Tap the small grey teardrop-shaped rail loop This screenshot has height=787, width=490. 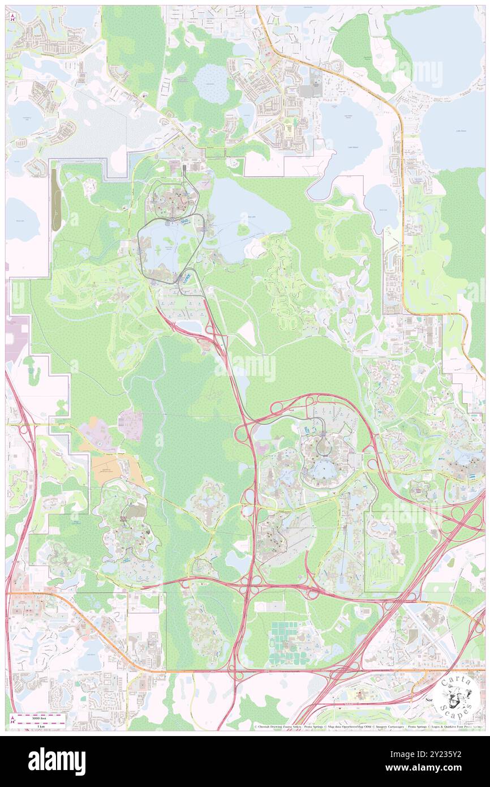[323, 445]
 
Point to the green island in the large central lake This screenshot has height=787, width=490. [243, 230]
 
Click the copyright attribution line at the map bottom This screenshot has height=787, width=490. [368, 726]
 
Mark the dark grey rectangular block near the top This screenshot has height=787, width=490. [310, 90]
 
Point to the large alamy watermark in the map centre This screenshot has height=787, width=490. [245, 367]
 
